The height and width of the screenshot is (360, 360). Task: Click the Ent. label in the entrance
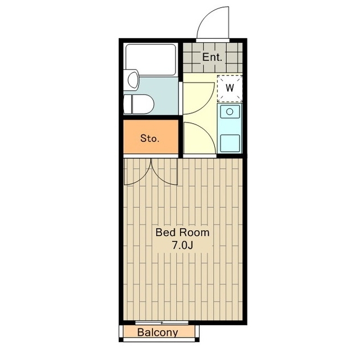click(x=212, y=57)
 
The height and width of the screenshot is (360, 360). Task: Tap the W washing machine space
click(x=229, y=88)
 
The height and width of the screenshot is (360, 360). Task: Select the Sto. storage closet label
click(x=150, y=138)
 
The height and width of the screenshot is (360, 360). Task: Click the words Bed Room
click(x=182, y=232)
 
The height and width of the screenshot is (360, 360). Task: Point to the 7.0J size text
click(x=182, y=246)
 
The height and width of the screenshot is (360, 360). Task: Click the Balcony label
click(x=157, y=332)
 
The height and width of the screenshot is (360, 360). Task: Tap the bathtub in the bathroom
click(x=151, y=60)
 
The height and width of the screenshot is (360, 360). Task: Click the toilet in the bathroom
click(x=139, y=104)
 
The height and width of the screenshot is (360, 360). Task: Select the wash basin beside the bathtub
click(x=133, y=80)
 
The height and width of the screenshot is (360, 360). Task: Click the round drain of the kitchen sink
click(x=229, y=112)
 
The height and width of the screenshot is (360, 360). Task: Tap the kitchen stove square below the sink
click(x=230, y=143)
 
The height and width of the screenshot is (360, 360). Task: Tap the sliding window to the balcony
click(x=162, y=322)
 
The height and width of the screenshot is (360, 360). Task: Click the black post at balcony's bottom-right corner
click(x=197, y=340)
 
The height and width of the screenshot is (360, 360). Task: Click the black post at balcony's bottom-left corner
click(x=121, y=340)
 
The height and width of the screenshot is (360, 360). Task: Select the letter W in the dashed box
click(x=229, y=88)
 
